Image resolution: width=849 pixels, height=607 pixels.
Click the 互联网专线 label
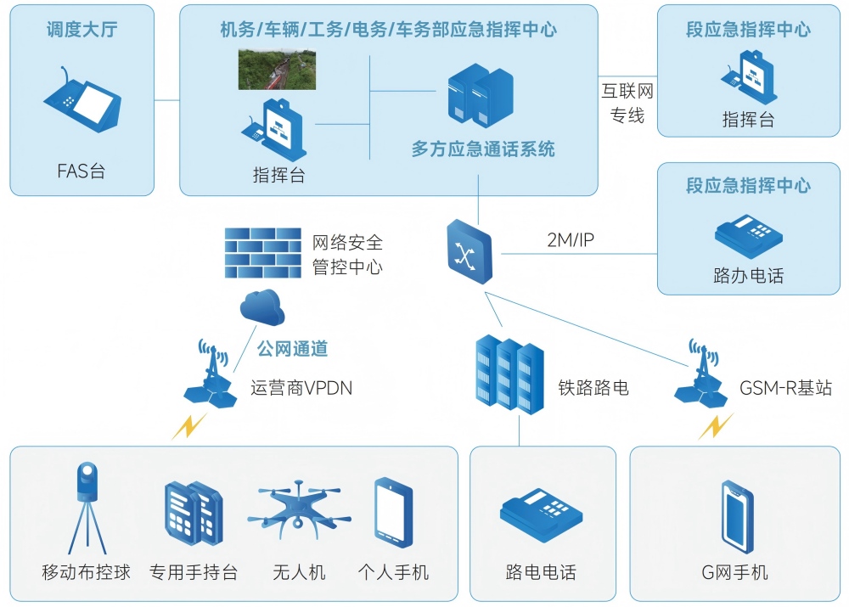pos(627,103)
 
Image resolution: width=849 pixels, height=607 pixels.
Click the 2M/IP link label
pos(571,240)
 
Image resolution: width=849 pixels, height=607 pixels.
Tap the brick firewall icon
pos(262,252)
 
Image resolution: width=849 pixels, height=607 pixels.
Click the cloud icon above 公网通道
pos(261,307)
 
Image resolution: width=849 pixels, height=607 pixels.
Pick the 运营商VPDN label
pos(301,389)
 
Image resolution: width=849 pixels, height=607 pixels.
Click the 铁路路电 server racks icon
pos(509,374)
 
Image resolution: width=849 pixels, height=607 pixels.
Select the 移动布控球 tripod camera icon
pos(87,507)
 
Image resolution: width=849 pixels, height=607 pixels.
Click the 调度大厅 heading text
pos(82,31)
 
